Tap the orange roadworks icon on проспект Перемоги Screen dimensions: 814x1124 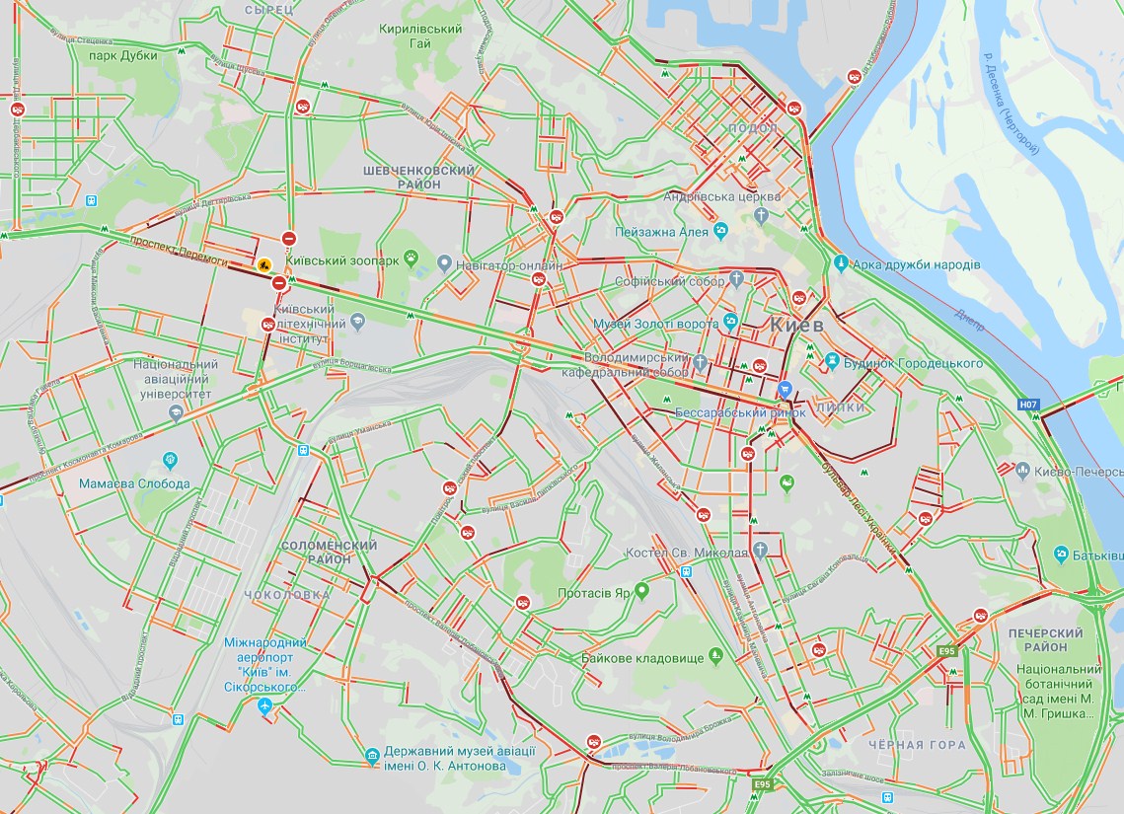coord(264,264)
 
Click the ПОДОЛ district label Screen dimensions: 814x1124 coord(751,128)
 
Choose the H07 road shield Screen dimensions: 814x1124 coord(1029,404)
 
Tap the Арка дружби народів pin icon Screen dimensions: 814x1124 coord(840,263)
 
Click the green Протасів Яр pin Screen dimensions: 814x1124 coord(641,592)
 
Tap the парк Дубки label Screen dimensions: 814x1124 coord(123,56)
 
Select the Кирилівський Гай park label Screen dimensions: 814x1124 coord(420,37)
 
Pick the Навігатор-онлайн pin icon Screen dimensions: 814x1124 coord(444,264)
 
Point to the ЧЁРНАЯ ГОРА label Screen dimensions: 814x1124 coord(911,745)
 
